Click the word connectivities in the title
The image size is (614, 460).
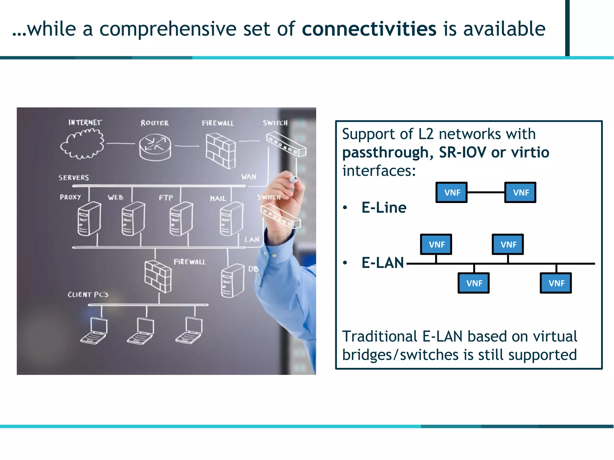369,29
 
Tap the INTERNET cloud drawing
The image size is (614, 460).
82,144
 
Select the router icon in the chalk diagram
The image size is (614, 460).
155,147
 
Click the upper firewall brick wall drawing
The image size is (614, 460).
221,151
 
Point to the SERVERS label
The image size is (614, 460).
73,178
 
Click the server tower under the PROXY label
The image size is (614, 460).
89,219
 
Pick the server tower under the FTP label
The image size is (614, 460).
181,219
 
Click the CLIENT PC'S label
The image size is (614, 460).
88,294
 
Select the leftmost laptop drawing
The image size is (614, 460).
94,331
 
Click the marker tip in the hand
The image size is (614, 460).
294,179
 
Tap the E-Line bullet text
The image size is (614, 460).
384,208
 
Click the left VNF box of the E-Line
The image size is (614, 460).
452,193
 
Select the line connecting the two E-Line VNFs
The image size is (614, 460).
486,192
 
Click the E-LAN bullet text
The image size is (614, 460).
383,263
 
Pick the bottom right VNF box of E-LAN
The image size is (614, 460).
556,283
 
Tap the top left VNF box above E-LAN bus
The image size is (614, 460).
436,244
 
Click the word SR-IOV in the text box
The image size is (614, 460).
462,152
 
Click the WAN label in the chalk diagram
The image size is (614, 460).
249,177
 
